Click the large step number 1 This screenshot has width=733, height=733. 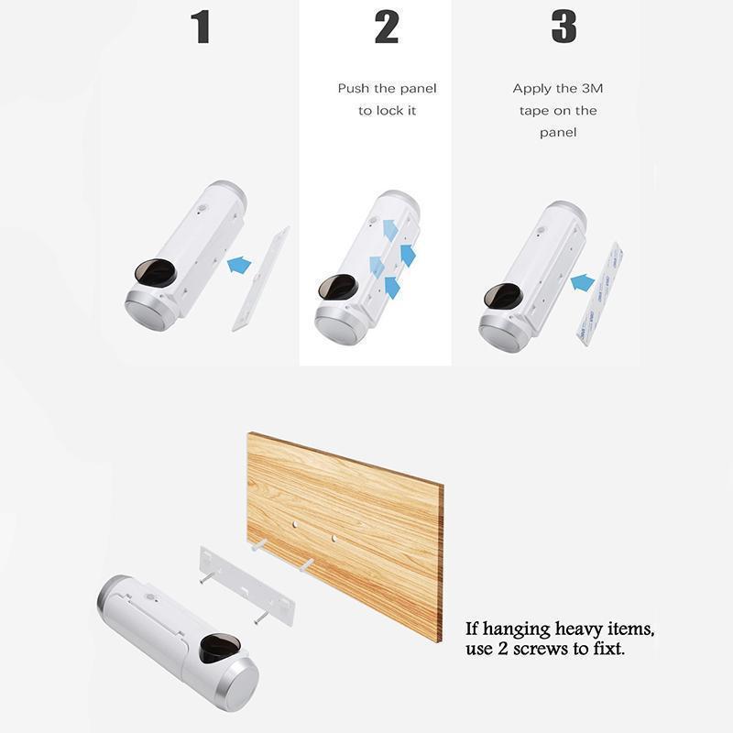point(202,27)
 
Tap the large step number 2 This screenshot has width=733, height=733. point(387,27)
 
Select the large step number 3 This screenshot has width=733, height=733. point(563,27)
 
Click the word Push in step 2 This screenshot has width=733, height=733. point(354,89)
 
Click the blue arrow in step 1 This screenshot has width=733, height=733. point(239,265)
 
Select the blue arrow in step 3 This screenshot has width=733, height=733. point(583,283)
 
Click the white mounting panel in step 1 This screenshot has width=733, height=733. point(261,279)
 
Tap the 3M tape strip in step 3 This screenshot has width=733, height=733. point(599,293)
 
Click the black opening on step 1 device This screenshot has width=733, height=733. point(155,271)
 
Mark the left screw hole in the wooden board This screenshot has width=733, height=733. point(294,524)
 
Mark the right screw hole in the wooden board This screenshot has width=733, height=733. point(334,539)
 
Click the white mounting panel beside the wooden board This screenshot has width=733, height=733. point(247,586)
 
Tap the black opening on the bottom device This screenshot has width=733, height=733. point(220,648)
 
